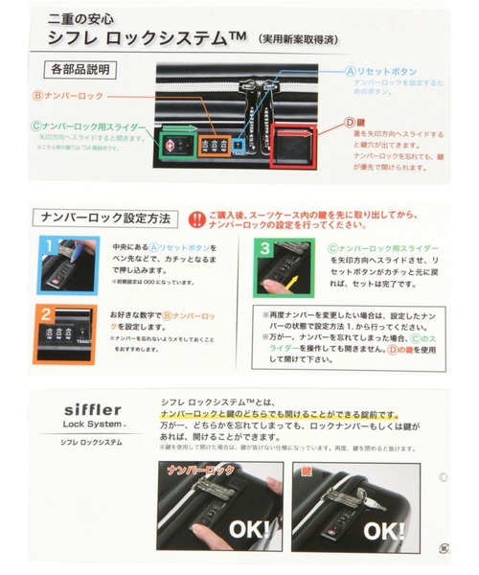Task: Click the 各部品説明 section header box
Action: pyautogui.click(x=80, y=70)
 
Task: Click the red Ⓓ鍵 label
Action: pyautogui.click(x=353, y=123)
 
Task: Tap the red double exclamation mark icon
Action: pyautogui.click(x=194, y=218)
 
